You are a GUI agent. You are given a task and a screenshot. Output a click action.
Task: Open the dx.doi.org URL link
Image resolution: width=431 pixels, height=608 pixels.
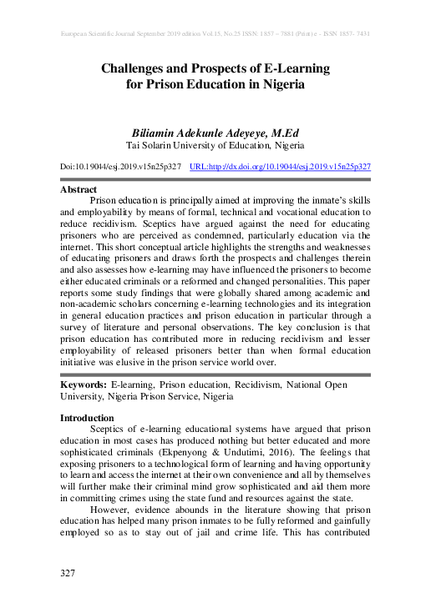click(x=281, y=167)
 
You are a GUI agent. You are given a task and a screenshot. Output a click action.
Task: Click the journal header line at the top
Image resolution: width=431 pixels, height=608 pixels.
click(x=215, y=33)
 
